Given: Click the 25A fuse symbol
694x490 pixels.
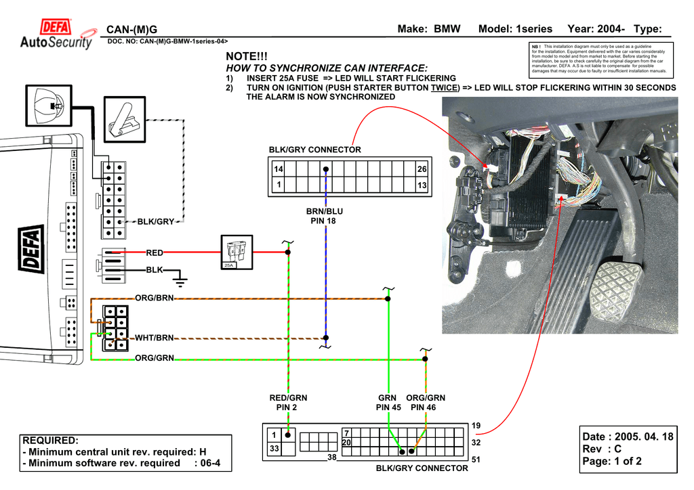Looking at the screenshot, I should (x=237, y=252).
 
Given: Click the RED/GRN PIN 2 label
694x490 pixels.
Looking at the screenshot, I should (x=288, y=403).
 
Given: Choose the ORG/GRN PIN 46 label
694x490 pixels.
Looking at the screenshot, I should (x=426, y=403).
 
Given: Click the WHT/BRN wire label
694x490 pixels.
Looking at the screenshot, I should (x=155, y=337).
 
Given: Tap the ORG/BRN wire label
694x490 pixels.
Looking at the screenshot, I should (x=155, y=298).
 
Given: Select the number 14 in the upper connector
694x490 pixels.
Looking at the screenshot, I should (x=278, y=169).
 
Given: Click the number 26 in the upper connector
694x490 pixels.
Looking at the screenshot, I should (x=422, y=169).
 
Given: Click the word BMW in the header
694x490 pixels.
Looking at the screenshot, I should (x=447, y=28).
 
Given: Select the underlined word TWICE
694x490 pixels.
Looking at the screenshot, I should (x=445, y=88).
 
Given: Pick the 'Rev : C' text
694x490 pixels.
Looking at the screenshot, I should (x=602, y=449).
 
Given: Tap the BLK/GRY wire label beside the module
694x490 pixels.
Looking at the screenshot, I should (x=156, y=221).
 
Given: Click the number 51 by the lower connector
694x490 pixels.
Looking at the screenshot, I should (x=476, y=460).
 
